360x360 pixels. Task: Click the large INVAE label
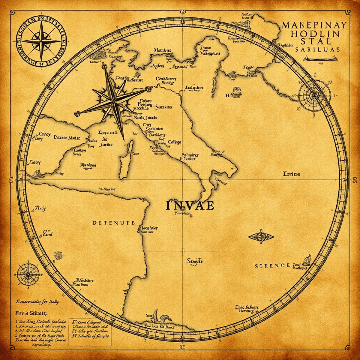point(190,205)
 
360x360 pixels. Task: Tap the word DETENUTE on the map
point(113,223)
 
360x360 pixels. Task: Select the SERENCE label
point(272,266)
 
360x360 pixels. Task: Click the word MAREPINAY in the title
point(314,25)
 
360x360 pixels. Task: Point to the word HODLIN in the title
point(314,33)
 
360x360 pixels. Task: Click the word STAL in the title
point(314,41)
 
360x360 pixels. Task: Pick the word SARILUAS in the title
point(317,49)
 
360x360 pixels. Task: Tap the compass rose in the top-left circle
point(41,41)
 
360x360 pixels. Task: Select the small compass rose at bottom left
point(28,274)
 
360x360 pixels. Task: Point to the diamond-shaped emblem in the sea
point(261,236)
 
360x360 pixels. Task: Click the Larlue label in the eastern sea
point(292,174)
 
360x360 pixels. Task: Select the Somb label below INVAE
point(194,261)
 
